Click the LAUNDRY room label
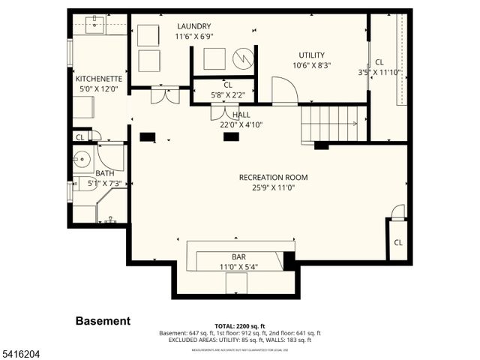193,26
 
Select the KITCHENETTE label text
98,78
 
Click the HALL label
241,115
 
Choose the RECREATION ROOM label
273,178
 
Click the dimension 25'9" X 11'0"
273,188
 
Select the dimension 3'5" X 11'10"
379,73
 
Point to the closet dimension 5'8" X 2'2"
227,95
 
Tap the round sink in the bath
82,160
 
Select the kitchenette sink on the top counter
94,26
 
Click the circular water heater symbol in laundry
242,58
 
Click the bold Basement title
103,321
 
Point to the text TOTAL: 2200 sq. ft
240,326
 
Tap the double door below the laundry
164,96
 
